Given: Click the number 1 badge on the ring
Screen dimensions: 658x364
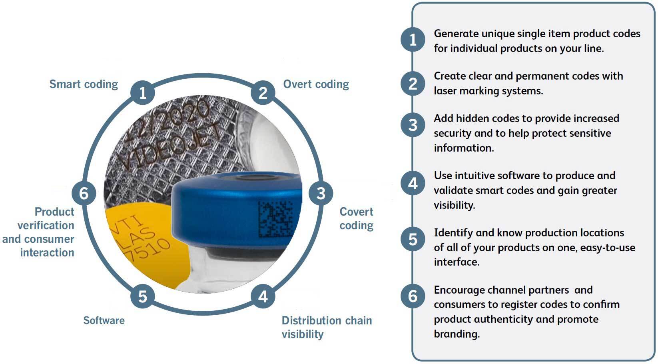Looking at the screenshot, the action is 142,93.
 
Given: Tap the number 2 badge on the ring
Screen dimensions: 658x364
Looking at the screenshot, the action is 263,93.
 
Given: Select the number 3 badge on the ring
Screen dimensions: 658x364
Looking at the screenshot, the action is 321,193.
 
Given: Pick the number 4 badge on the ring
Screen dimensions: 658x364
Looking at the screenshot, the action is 263,296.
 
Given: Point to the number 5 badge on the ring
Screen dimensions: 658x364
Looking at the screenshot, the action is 142,296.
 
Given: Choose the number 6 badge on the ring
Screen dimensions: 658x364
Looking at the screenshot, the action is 84,193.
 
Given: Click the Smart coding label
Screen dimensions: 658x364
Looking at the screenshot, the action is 84,84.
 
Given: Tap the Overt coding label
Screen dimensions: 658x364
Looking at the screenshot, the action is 316,84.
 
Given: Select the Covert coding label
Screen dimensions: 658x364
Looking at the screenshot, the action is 356,218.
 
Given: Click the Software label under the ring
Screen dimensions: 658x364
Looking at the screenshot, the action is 104,320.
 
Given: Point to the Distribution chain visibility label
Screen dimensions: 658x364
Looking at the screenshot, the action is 327,327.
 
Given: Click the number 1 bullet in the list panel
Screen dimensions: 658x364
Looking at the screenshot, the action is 413,40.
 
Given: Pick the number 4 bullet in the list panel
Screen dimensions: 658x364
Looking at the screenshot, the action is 413,183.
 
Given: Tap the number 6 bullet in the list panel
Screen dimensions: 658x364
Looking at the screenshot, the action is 413,296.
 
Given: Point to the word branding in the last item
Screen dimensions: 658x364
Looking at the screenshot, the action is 456,334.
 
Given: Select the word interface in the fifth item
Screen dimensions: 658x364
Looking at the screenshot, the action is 456,262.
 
